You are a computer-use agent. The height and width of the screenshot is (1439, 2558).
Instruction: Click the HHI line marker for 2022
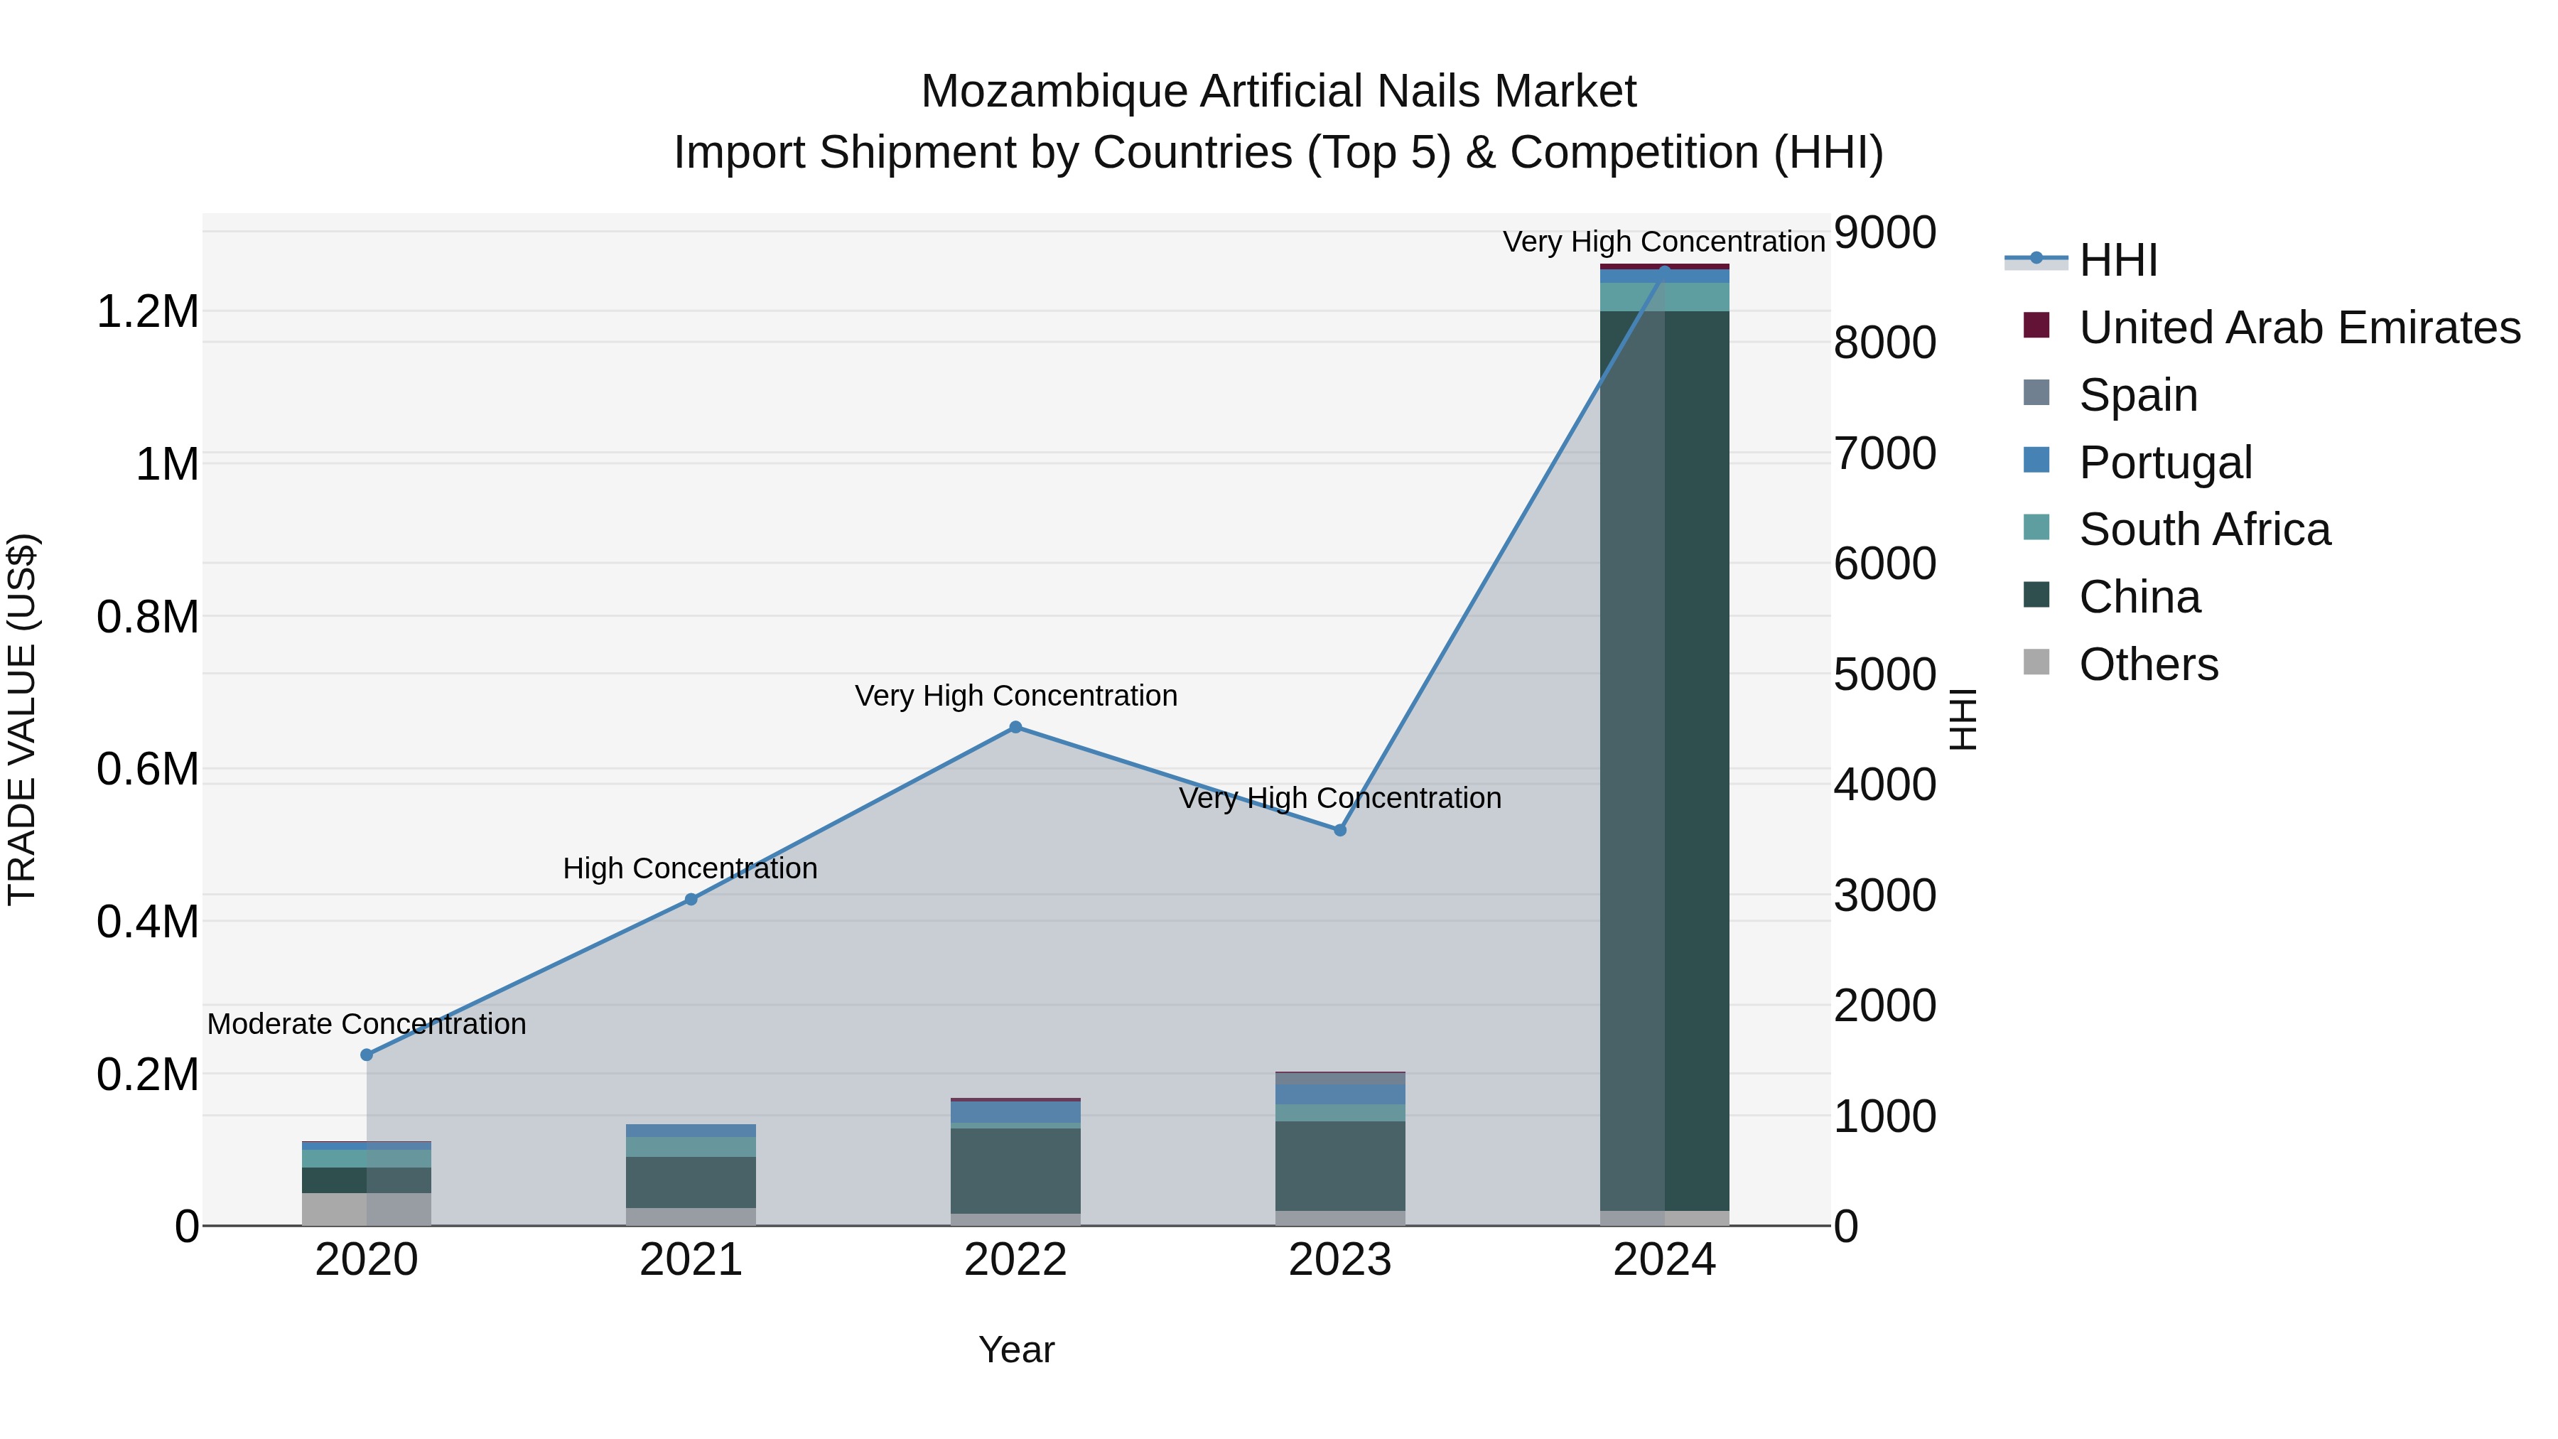[1015, 727]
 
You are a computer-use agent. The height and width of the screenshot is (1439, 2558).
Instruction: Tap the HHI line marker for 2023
[1339, 830]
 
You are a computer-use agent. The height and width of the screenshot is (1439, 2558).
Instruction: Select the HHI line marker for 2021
[691, 899]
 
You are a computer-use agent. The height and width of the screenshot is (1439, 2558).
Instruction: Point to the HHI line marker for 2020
[367, 1055]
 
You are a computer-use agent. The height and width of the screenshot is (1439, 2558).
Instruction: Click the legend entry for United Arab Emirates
[2299, 328]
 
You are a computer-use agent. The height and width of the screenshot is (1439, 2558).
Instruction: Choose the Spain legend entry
[2138, 395]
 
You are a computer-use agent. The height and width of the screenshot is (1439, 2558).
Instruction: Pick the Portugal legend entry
[2165, 463]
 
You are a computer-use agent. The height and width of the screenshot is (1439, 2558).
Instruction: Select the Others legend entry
[2148, 664]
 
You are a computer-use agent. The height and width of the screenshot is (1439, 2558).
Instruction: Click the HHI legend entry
[2118, 260]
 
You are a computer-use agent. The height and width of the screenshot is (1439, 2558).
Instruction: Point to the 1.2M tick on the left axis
[148, 312]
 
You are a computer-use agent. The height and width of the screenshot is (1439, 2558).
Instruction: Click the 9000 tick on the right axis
[1884, 232]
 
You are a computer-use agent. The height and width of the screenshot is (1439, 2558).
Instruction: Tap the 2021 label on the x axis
[691, 1260]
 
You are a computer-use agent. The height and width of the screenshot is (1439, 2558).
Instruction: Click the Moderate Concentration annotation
[367, 1024]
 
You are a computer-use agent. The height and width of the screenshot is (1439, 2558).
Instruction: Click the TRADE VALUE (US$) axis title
[22, 719]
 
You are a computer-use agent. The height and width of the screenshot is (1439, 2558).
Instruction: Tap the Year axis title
[1016, 1349]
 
